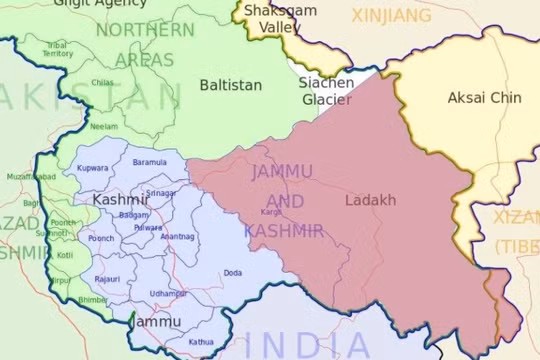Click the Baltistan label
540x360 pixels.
click(232, 85)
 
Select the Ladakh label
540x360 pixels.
click(370, 200)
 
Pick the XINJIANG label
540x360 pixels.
click(391, 15)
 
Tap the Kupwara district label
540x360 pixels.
click(93, 168)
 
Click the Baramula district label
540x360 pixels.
click(150, 162)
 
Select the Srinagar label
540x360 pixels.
click(160, 192)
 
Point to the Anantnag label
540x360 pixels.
click(178, 236)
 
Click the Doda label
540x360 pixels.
click(233, 272)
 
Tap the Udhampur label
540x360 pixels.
click(168, 293)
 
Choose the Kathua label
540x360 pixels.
click(201, 342)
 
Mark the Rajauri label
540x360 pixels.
click(108, 279)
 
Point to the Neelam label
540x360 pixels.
click(103, 127)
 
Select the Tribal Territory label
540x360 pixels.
click(58, 49)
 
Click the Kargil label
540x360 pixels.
click(271, 212)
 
